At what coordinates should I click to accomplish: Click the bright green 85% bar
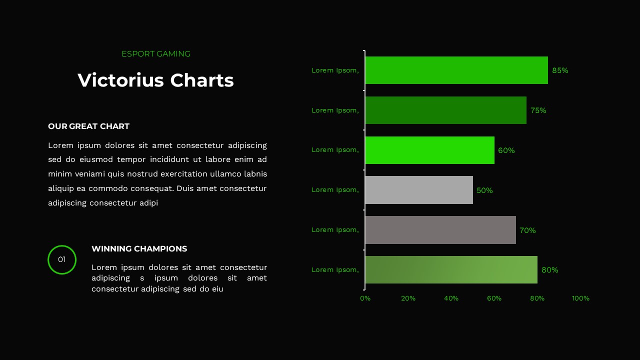click(456, 70)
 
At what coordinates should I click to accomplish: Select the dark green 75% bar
click(445, 110)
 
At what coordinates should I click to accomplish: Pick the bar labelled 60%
click(429, 150)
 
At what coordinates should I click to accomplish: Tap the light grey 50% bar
click(419, 190)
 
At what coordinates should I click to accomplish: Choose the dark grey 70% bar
click(440, 230)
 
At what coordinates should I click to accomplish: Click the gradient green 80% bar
click(451, 270)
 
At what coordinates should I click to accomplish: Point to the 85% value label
click(560, 70)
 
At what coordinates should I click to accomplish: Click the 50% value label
click(484, 190)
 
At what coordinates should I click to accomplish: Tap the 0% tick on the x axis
click(365, 298)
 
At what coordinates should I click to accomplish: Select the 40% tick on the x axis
click(451, 298)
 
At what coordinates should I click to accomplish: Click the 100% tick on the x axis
click(580, 298)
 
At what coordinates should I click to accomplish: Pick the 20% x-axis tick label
click(408, 298)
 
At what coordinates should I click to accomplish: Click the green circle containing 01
click(62, 259)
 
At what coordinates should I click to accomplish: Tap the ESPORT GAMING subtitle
click(156, 54)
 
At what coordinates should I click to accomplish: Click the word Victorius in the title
click(120, 80)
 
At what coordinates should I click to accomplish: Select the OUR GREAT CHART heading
click(88, 126)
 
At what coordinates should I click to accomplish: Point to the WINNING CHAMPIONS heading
click(139, 249)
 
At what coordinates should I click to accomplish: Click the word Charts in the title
click(202, 80)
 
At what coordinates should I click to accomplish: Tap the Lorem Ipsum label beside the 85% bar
click(335, 70)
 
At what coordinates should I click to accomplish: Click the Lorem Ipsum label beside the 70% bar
click(335, 230)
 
